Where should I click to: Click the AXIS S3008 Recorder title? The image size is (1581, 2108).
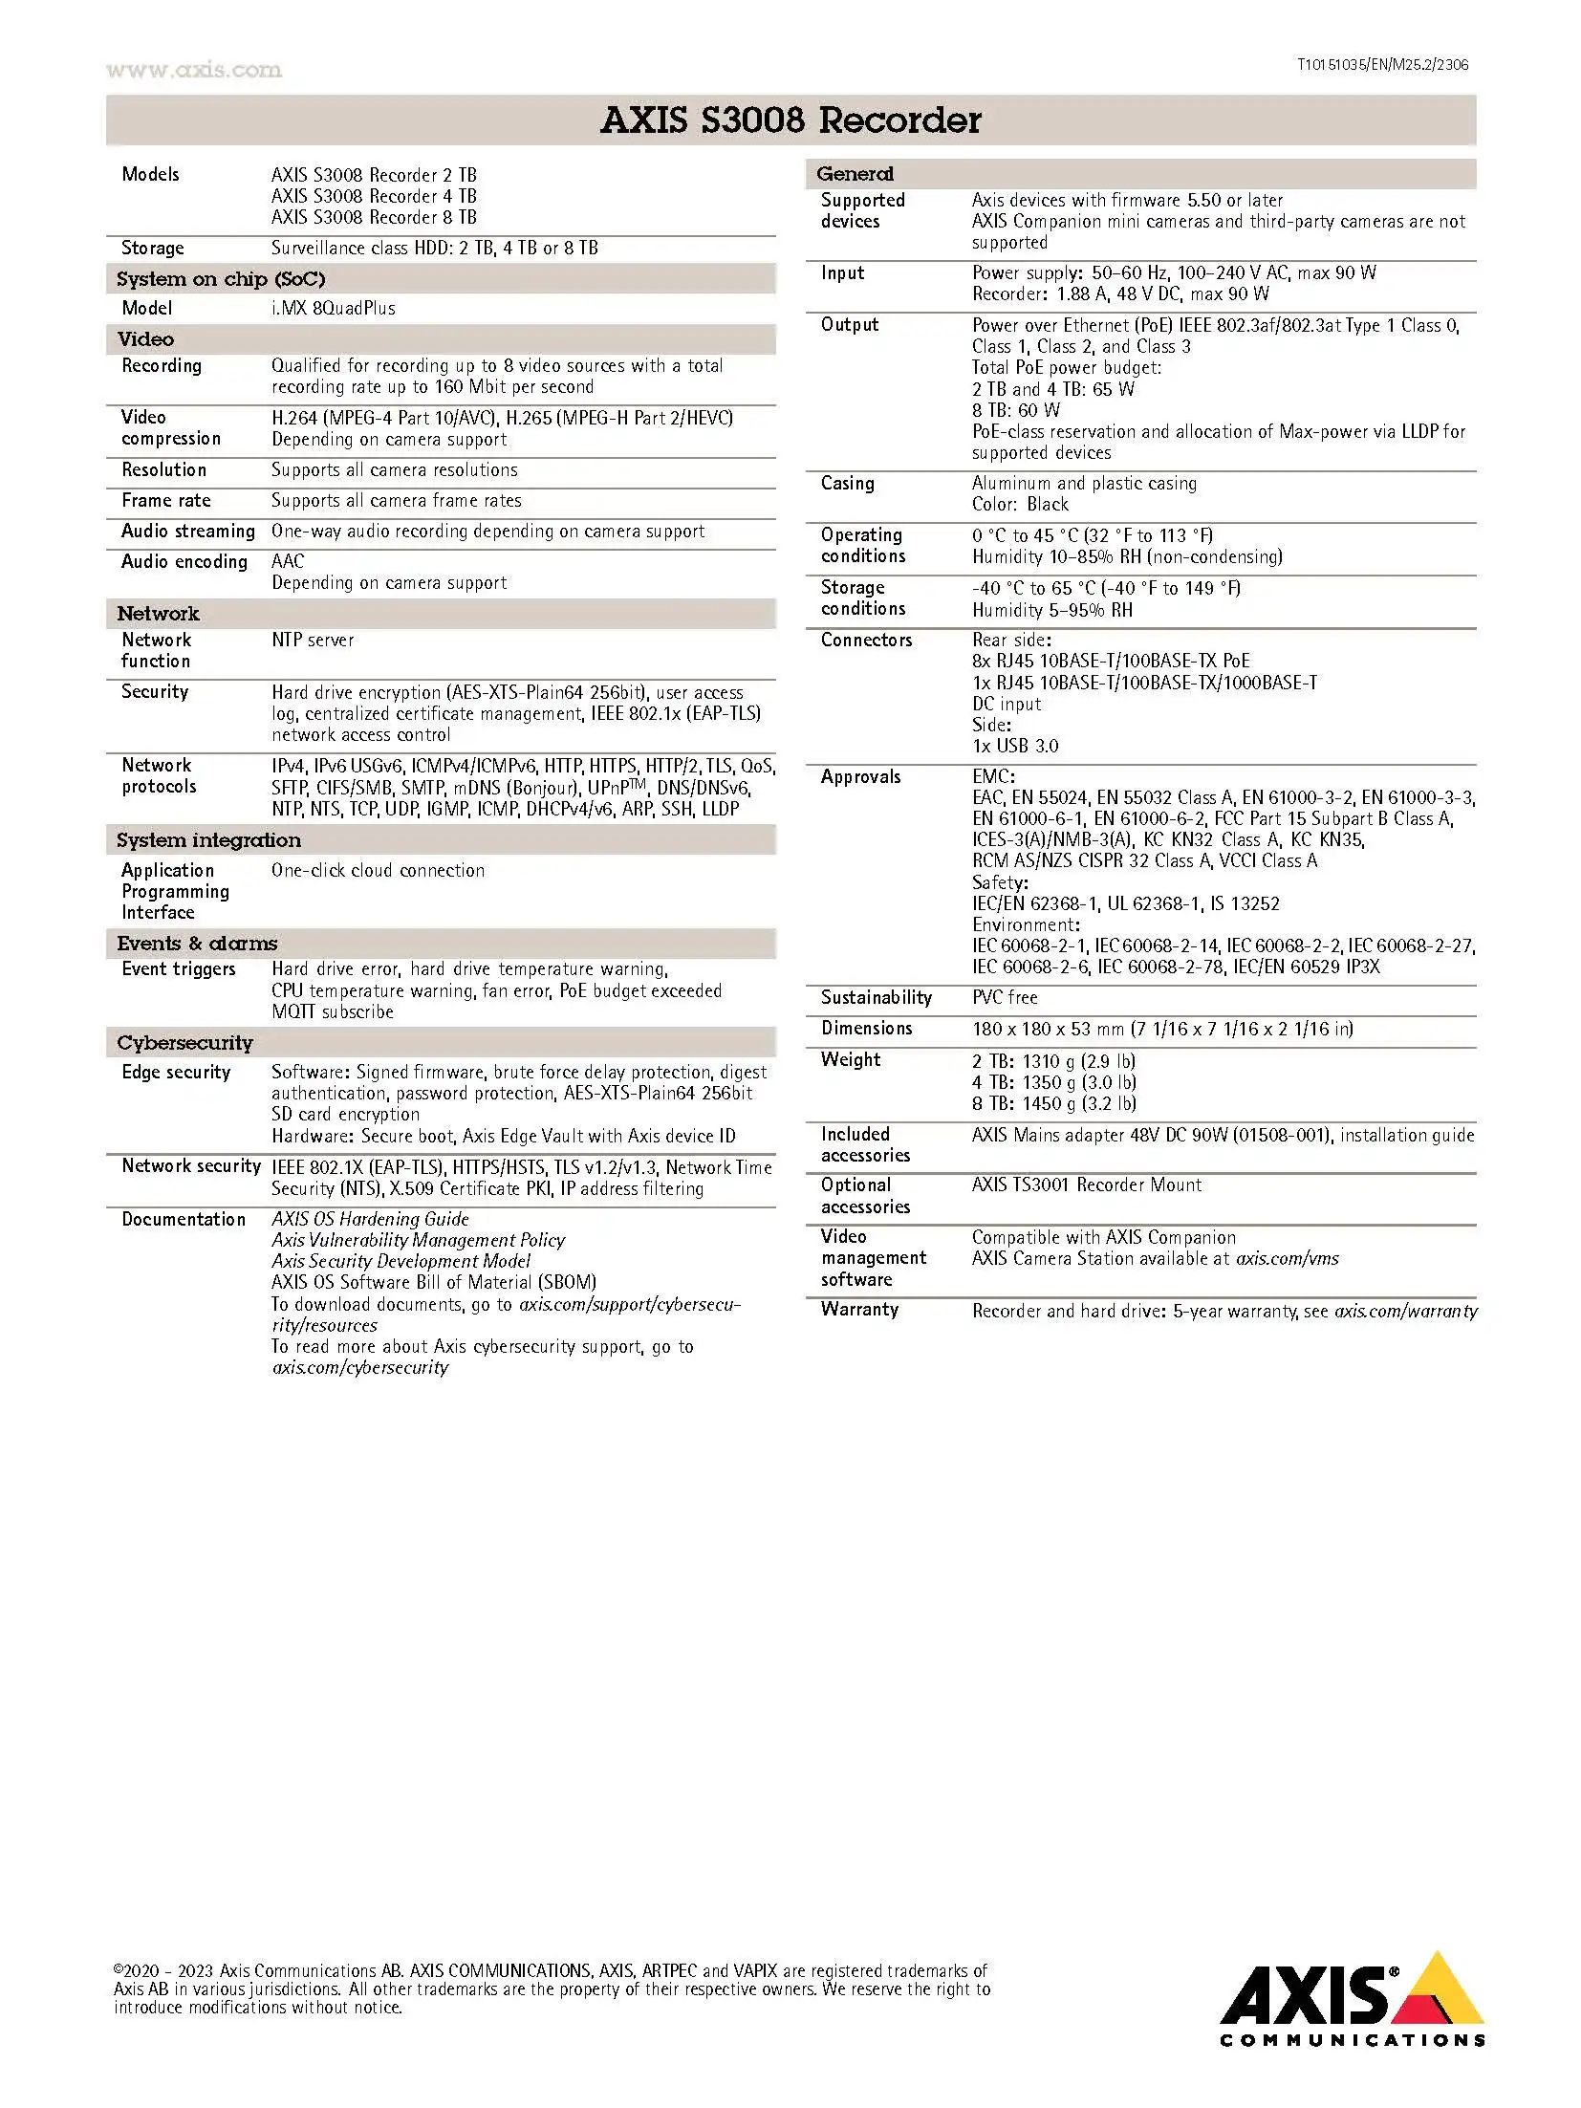point(790,120)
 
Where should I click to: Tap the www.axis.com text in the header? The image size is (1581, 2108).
point(194,70)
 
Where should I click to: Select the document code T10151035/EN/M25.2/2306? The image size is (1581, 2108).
point(1381,65)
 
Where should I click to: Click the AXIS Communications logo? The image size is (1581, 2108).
point(1352,1998)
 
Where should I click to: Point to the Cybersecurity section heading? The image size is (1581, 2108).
point(184,1043)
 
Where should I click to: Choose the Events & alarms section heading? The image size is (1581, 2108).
point(197,944)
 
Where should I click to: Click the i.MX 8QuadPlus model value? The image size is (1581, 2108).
point(333,309)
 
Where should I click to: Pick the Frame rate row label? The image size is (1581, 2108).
point(165,501)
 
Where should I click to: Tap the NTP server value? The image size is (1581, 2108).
point(313,641)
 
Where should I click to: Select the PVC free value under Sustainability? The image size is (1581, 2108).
point(1005,998)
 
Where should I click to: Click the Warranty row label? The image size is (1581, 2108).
point(859,1310)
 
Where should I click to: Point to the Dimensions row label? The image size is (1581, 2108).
point(866,1029)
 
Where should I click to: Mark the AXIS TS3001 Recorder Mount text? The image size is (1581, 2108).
point(1087,1185)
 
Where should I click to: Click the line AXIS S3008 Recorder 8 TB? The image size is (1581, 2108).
point(374,218)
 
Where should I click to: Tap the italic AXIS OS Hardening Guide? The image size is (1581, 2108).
point(370,1220)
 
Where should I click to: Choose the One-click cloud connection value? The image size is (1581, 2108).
point(378,871)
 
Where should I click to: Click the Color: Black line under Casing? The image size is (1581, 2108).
point(1020,505)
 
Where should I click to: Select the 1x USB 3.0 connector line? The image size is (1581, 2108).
point(1015,747)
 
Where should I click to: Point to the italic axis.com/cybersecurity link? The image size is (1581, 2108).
point(359,1368)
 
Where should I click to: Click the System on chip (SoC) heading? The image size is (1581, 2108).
point(221,279)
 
